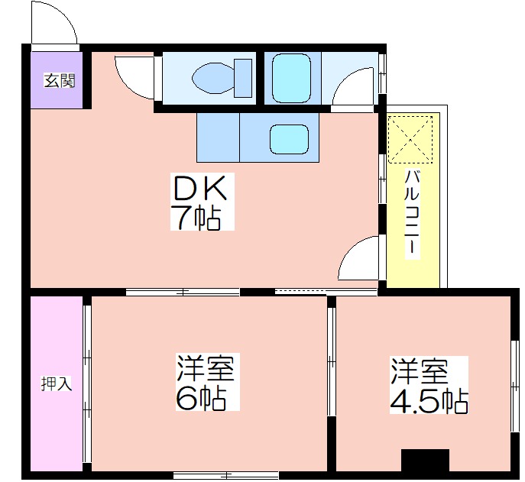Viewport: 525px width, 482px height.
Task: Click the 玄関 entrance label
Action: [60, 81]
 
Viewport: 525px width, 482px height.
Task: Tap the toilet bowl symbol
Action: [214, 79]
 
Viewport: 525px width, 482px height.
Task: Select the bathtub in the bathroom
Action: [292, 79]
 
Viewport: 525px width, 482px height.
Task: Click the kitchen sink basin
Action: [289, 139]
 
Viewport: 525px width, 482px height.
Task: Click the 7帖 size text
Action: [196, 218]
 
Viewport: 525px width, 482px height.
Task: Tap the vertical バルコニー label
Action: [412, 214]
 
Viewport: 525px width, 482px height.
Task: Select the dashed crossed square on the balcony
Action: [410, 139]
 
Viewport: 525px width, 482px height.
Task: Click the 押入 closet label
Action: [57, 383]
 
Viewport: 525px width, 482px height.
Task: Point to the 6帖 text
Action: [200, 398]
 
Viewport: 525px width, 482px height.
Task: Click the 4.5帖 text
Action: [429, 401]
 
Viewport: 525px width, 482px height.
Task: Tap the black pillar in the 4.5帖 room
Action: [425, 461]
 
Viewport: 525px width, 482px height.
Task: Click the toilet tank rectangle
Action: [243, 79]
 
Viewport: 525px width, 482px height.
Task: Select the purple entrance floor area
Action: [57, 80]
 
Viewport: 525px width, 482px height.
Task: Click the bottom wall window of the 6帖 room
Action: [226, 475]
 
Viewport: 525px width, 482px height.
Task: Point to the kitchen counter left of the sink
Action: [218, 137]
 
